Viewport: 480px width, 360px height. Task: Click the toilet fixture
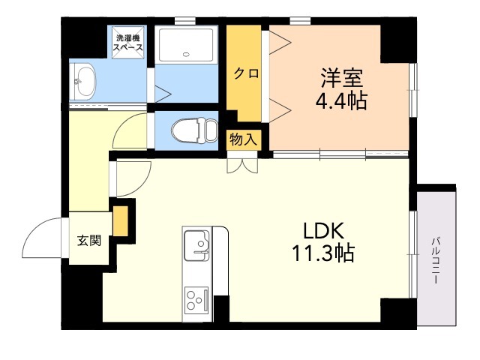tap(195, 130)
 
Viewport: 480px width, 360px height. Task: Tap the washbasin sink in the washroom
tap(83, 81)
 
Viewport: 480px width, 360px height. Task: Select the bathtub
tap(186, 45)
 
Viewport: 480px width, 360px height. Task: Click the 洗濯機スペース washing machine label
tap(128, 43)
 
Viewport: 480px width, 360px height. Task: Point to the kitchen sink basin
tap(196, 245)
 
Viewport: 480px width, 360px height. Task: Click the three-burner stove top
tap(196, 298)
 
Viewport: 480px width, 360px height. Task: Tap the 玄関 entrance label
tap(88, 241)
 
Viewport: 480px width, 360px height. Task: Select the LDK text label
tap(323, 231)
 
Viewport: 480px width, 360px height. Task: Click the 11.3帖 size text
tap(323, 253)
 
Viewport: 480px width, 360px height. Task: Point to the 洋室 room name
tap(341, 78)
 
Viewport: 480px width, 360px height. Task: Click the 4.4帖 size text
tap(341, 100)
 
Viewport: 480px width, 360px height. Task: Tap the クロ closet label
tap(247, 73)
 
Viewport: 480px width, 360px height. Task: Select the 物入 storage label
tap(243, 139)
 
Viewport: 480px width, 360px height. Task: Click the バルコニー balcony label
tap(436, 260)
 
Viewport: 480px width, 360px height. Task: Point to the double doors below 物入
tap(242, 166)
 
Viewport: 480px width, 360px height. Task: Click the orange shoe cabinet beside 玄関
tap(121, 221)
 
